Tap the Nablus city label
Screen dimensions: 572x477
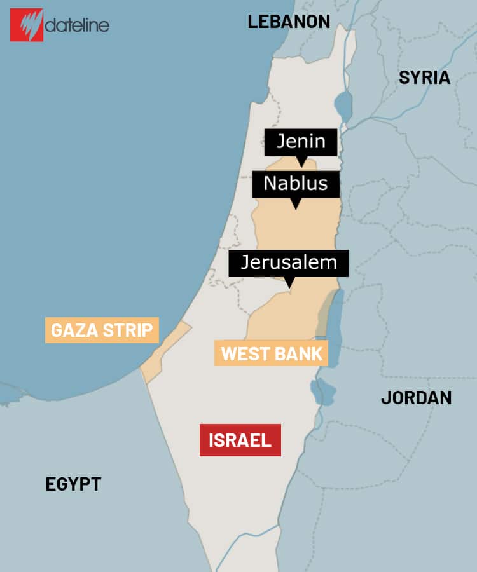click(295, 184)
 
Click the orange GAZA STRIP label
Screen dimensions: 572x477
click(102, 330)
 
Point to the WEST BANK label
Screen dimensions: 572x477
click(272, 353)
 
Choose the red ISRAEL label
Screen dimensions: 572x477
click(240, 440)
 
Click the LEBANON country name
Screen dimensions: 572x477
click(289, 22)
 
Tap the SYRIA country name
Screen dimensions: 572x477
click(424, 78)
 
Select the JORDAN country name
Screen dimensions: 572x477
click(416, 398)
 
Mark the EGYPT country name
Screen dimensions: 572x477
click(73, 484)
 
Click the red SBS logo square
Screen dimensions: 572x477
click(26, 25)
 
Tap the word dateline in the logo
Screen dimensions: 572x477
click(77, 25)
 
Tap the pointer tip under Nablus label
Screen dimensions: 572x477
click(295, 205)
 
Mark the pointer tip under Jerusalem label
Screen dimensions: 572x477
click(289, 285)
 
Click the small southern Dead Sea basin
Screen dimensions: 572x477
click(325, 392)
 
